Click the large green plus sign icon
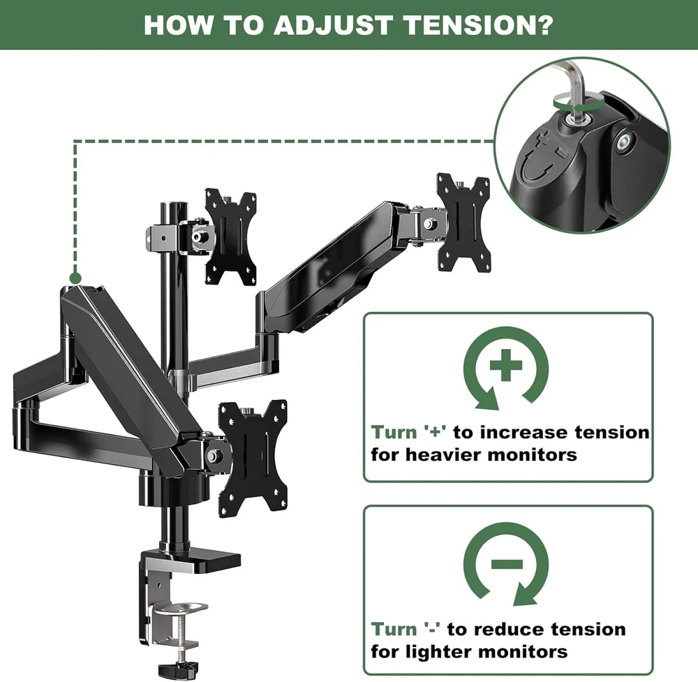pos(505,366)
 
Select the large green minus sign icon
pos(507,564)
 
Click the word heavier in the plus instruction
pos(440,455)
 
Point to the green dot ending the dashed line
pos(75,279)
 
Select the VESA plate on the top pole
pos(230,237)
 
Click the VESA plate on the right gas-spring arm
pos(463,223)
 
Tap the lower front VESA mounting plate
pos(253,458)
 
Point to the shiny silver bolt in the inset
pos(623,142)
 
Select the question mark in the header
pos(544,25)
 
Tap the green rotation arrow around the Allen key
pos(577,105)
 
